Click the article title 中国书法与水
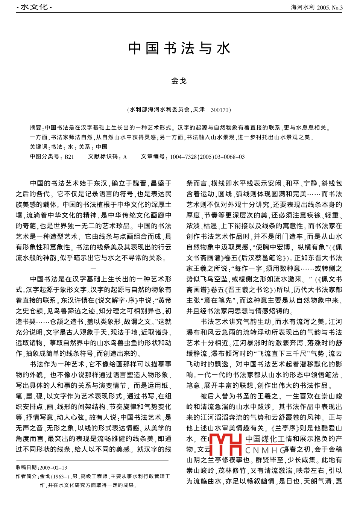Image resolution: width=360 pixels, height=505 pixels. (179, 48)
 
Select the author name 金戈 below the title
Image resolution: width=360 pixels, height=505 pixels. (179, 81)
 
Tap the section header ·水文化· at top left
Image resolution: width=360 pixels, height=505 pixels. (34, 7)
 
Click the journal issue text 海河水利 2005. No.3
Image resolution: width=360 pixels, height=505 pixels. (317, 7)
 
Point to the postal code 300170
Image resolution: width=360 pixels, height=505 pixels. (220, 110)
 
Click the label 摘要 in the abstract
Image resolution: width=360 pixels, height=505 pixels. (36, 128)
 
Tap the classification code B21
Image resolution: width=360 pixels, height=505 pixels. (69, 157)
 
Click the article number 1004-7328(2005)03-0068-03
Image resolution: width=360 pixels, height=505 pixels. (207, 157)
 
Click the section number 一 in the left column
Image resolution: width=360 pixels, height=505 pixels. (93, 268)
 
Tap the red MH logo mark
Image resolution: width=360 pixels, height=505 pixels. (225, 444)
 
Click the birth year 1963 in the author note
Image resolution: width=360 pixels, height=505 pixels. (58, 476)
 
